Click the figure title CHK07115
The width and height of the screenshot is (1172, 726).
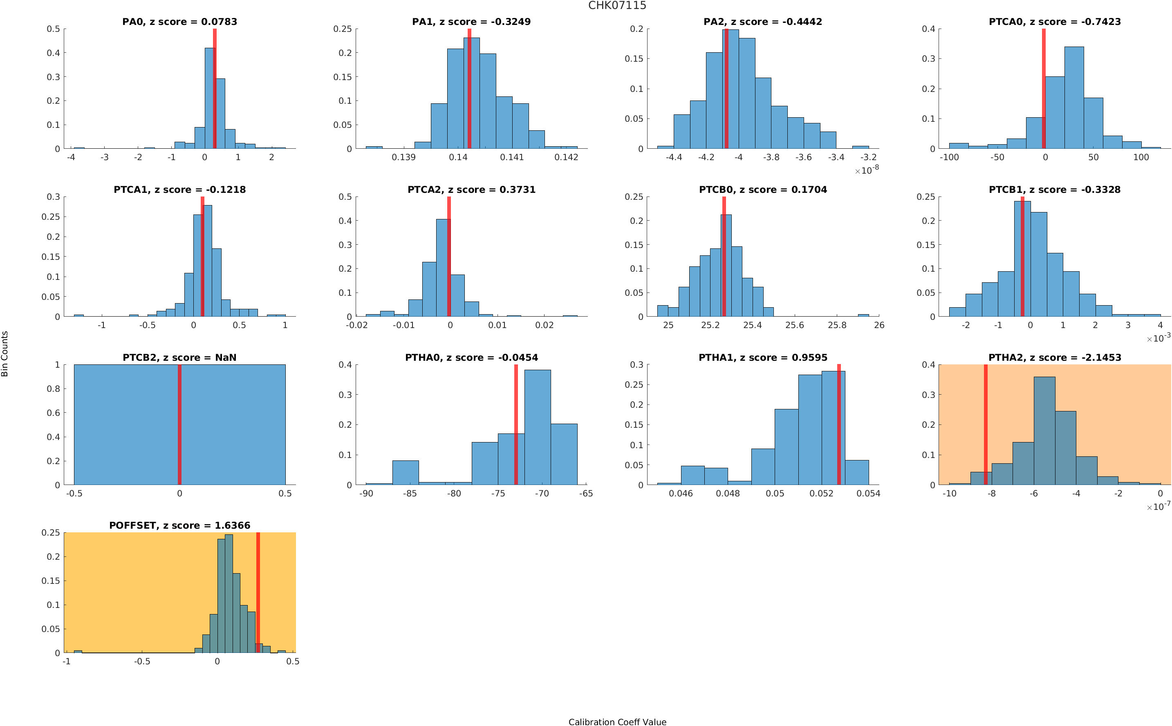click(x=617, y=6)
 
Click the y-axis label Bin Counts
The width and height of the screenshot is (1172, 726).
click(x=5, y=353)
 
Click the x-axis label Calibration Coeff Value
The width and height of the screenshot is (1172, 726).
click(x=617, y=722)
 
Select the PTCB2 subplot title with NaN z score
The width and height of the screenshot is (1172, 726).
click(x=179, y=357)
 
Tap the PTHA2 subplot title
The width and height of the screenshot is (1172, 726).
click(x=1054, y=357)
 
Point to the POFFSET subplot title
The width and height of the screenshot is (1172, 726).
click(x=179, y=525)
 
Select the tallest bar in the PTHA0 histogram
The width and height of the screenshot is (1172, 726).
click(x=537, y=427)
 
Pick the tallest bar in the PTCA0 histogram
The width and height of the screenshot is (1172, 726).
click(x=1073, y=98)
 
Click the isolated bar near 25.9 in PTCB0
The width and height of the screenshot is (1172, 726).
click(x=863, y=315)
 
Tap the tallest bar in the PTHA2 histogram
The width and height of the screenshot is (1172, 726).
click(x=1044, y=431)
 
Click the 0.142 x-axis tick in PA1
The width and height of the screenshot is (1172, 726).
click(x=566, y=157)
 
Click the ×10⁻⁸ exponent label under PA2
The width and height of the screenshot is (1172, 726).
click(x=867, y=170)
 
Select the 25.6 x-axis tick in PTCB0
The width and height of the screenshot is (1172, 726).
click(x=794, y=326)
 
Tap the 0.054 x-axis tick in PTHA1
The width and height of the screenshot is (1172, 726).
click(x=868, y=494)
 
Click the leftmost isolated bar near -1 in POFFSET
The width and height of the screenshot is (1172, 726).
click(x=77, y=651)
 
